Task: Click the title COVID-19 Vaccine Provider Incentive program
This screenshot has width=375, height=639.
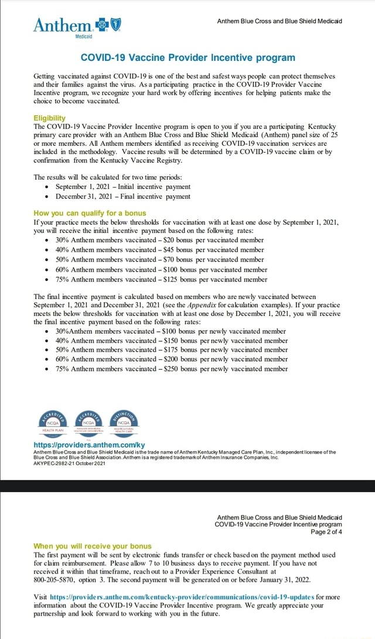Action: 187,57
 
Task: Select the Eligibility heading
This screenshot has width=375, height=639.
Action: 51,117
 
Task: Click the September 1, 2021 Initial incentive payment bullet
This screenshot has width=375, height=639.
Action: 122,187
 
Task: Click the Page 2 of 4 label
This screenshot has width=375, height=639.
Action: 325,532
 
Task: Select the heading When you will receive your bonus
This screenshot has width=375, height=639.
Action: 92,546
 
